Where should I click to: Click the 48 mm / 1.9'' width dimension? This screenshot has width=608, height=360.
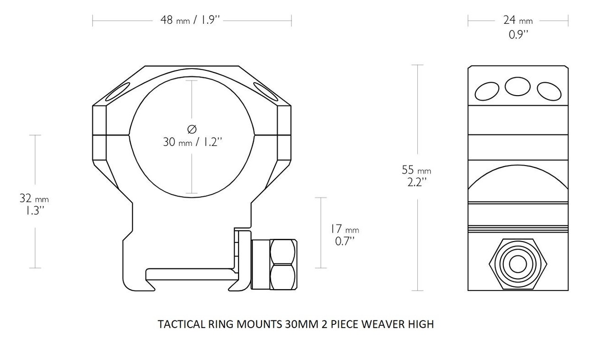[x=190, y=20]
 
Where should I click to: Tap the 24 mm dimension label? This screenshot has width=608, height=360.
[x=518, y=20]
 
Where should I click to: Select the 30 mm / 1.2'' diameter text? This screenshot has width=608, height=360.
[x=193, y=142]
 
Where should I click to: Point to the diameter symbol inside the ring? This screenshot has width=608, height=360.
[x=192, y=129]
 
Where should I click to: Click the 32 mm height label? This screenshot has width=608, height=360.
[x=34, y=198]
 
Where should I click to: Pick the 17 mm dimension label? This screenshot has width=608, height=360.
[x=345, y=229]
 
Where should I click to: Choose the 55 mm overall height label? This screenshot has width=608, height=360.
[x=416, y=170]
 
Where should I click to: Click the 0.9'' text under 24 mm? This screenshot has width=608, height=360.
[x=519, y=35]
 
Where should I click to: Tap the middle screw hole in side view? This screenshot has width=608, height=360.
[x=518, y=87]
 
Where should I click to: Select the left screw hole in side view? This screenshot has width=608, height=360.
[x=487, y=91]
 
